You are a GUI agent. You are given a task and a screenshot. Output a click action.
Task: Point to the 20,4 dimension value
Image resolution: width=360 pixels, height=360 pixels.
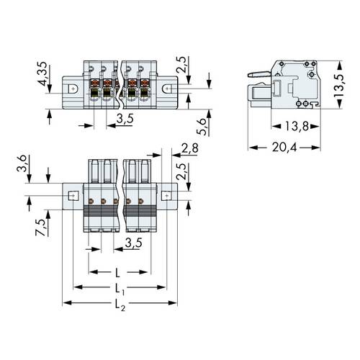coord(284,147)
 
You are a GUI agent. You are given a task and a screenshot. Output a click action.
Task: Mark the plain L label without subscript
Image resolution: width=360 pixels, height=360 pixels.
coord(117,274)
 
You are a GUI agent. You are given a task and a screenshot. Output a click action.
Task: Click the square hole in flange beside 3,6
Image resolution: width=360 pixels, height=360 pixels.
coord(73,195)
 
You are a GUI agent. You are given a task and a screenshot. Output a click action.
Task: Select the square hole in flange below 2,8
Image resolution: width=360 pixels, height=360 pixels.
coord(166,195)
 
